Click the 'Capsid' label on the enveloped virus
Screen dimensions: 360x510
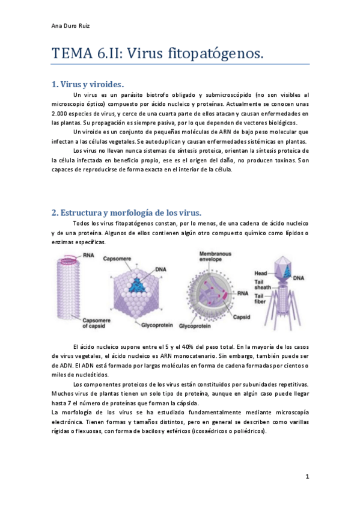click(x=242, y=316)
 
